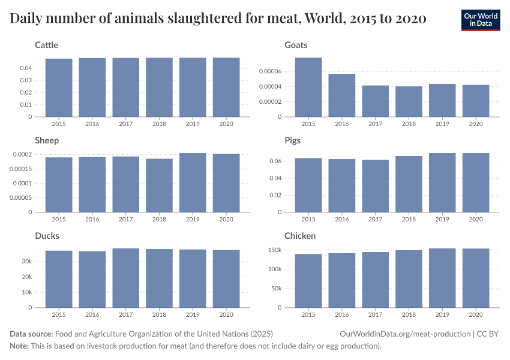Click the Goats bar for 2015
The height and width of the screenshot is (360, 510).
(x=308, y=88)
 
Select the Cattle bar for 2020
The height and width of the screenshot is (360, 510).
(x=226, y=88)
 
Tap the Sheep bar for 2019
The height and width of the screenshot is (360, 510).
(x=193, y=182)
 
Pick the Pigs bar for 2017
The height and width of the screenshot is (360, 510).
(x=376, y=186)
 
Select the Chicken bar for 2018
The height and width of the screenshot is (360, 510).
(x=409, y=278)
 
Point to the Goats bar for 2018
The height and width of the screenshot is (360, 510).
(x=409, y=101)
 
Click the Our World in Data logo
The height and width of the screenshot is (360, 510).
(x=481, y=20)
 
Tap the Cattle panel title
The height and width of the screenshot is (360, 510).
(x=47, y=45)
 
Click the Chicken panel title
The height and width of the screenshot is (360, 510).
(x=299, y=236)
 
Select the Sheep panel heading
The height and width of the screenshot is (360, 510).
(x=47, y=140)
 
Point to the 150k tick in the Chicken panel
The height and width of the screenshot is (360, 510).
(x=273, y=250)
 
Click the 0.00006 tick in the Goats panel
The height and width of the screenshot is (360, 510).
(x=269, y=71)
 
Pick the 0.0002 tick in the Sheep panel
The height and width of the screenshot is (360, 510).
(x=22, y=155)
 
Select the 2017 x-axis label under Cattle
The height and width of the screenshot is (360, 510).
(x=126, y=124)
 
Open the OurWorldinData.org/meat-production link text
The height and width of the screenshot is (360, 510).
(x=404, y=334)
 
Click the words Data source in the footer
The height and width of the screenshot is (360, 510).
(x=31, y=334)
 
